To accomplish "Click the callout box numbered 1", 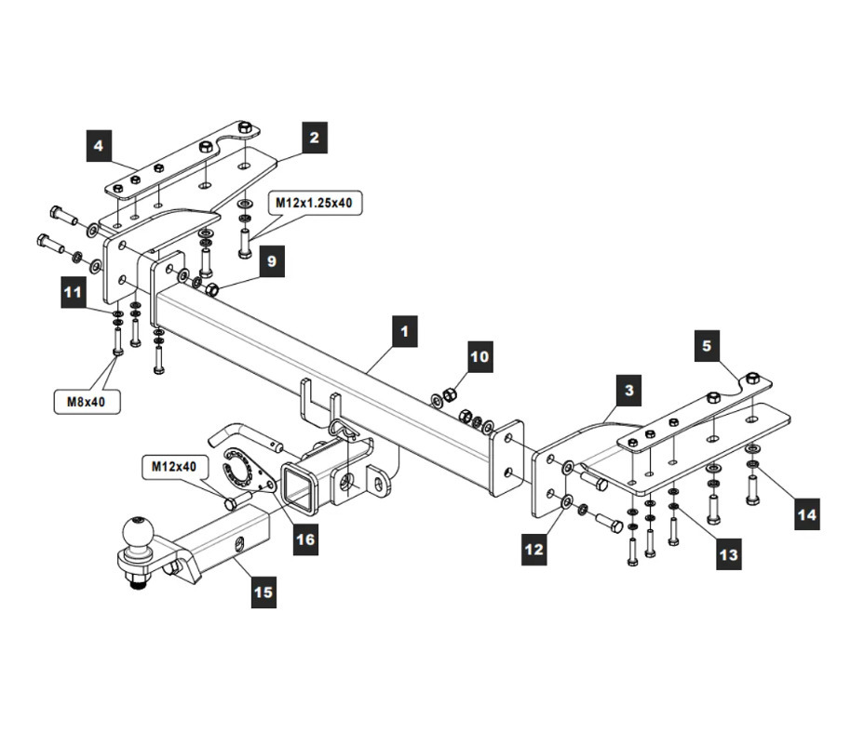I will pyautogui.click(x=403, y=331).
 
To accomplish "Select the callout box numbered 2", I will pyautogui.click(x=315, y=138).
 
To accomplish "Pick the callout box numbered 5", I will pyautogui.click(x=707, y=346).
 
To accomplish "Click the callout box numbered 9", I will pyautogui.click(x=271, y=261).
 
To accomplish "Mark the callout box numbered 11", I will pyautogui.click(x=73, y=293).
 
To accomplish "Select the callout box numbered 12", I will pyautogui.click(x=533, y=550).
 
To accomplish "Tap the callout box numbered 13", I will pyautogui.click(x=728, y=555).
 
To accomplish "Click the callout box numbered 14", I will pyautogui.click(x=807, y=514).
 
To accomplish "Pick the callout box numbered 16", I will pyautogui.click(x=304, y=539).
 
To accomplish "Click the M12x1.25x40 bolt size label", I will pyautogui.click(x=314, y=202).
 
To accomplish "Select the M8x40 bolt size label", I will pyautogui.click(x=85, y=403).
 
